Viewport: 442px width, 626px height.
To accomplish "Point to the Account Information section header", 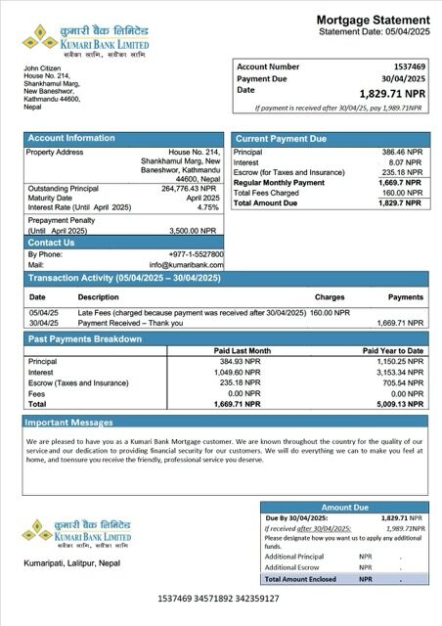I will coord(70,139).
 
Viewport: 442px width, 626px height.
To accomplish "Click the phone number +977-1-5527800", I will coord(195,254).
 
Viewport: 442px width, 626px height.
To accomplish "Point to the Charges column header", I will coord(330,296).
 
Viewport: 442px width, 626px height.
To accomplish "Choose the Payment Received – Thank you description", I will coord(130,322).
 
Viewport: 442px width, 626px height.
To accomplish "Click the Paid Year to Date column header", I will coord(393,350).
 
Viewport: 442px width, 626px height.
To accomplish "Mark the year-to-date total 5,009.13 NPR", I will coord(402,403).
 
